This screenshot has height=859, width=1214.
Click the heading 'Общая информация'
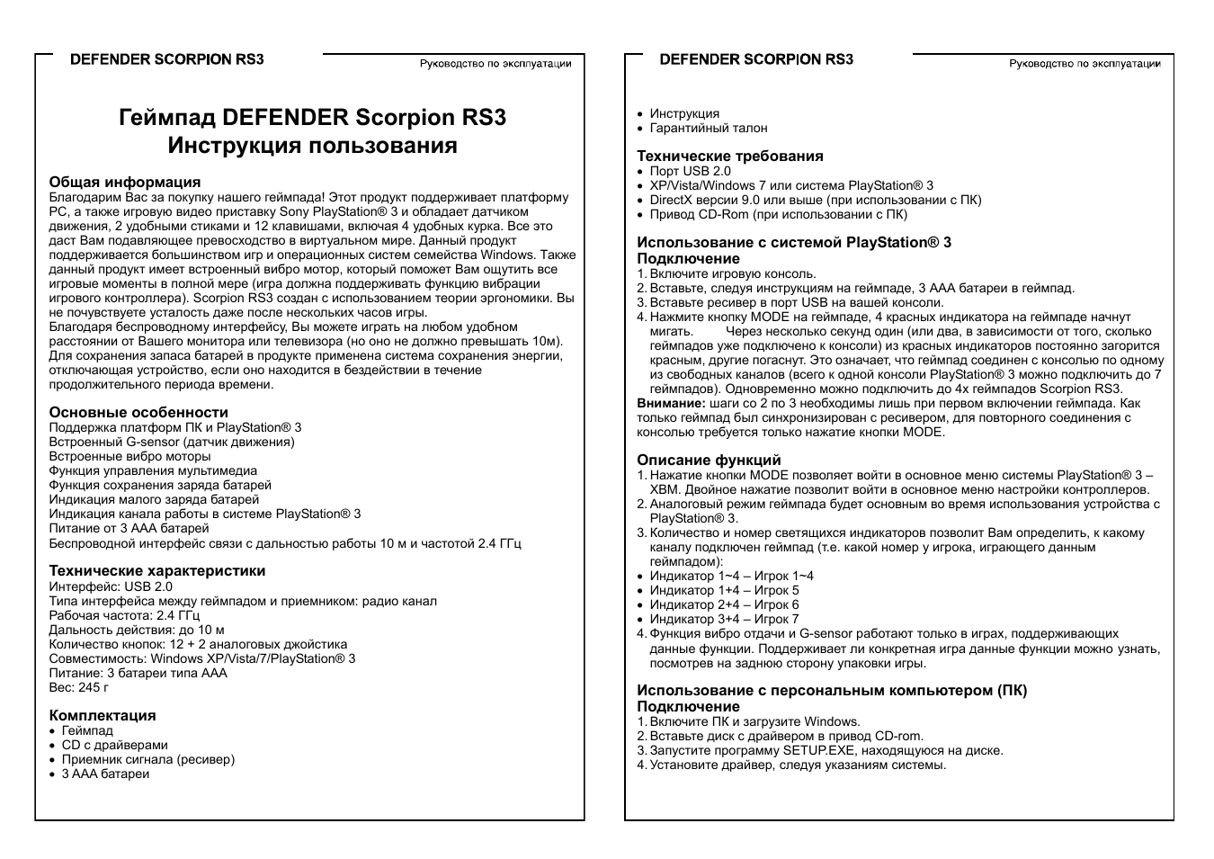tap(124, 183)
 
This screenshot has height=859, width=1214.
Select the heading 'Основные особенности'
tap(138, 413)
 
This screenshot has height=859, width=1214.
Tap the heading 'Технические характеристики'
tap(156, 571)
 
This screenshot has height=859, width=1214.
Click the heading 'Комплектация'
tap(103, 716)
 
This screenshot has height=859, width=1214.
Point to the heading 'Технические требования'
tap(730, 157)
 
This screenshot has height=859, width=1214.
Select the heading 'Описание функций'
tap(709, 461)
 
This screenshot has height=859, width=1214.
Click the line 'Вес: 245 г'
tap(79, 687)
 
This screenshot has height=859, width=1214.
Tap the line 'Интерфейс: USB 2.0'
tap(110, 586)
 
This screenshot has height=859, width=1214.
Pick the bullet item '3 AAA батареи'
tap(105, 774)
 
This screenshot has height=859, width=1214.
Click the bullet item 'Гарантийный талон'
tap(709, 128)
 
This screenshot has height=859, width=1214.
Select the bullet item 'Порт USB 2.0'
tap(690, 171)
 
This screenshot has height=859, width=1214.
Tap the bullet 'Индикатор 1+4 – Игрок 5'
tap(724, 590)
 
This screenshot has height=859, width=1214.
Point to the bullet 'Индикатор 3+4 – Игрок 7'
tap(724, 619)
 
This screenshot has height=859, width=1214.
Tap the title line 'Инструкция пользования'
tap(312, 146)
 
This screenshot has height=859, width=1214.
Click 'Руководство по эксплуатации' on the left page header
tap(495, 64)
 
